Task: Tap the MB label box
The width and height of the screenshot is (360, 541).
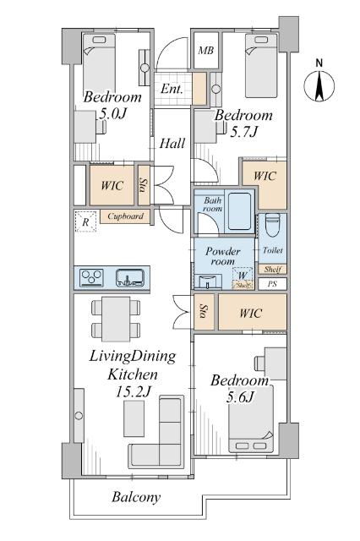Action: (206, 51)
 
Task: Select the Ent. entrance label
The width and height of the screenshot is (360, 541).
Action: (172, 89)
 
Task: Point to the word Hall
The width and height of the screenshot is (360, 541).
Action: (172, 143)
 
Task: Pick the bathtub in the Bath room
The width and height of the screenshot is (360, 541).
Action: (240, 210)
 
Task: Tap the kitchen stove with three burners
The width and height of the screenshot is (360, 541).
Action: (92, 277)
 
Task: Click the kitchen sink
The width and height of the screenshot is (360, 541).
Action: (129, 277)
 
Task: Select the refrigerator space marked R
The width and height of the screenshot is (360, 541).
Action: (85, 221)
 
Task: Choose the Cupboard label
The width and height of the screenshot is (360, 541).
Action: (126, 216)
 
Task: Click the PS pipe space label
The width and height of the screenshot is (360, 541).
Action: (272, 284)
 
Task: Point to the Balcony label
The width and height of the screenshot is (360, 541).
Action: (137, 497)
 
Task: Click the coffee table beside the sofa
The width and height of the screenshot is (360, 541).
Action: (134, 419)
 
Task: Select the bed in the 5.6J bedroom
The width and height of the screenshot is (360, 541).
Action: (251, 418)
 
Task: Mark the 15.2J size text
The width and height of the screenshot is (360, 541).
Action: (134, 391)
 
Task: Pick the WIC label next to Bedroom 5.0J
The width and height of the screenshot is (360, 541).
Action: (112, 186)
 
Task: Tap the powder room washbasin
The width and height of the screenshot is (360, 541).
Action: (208, 281)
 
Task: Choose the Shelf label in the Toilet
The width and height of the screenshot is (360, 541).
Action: (272, 269)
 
